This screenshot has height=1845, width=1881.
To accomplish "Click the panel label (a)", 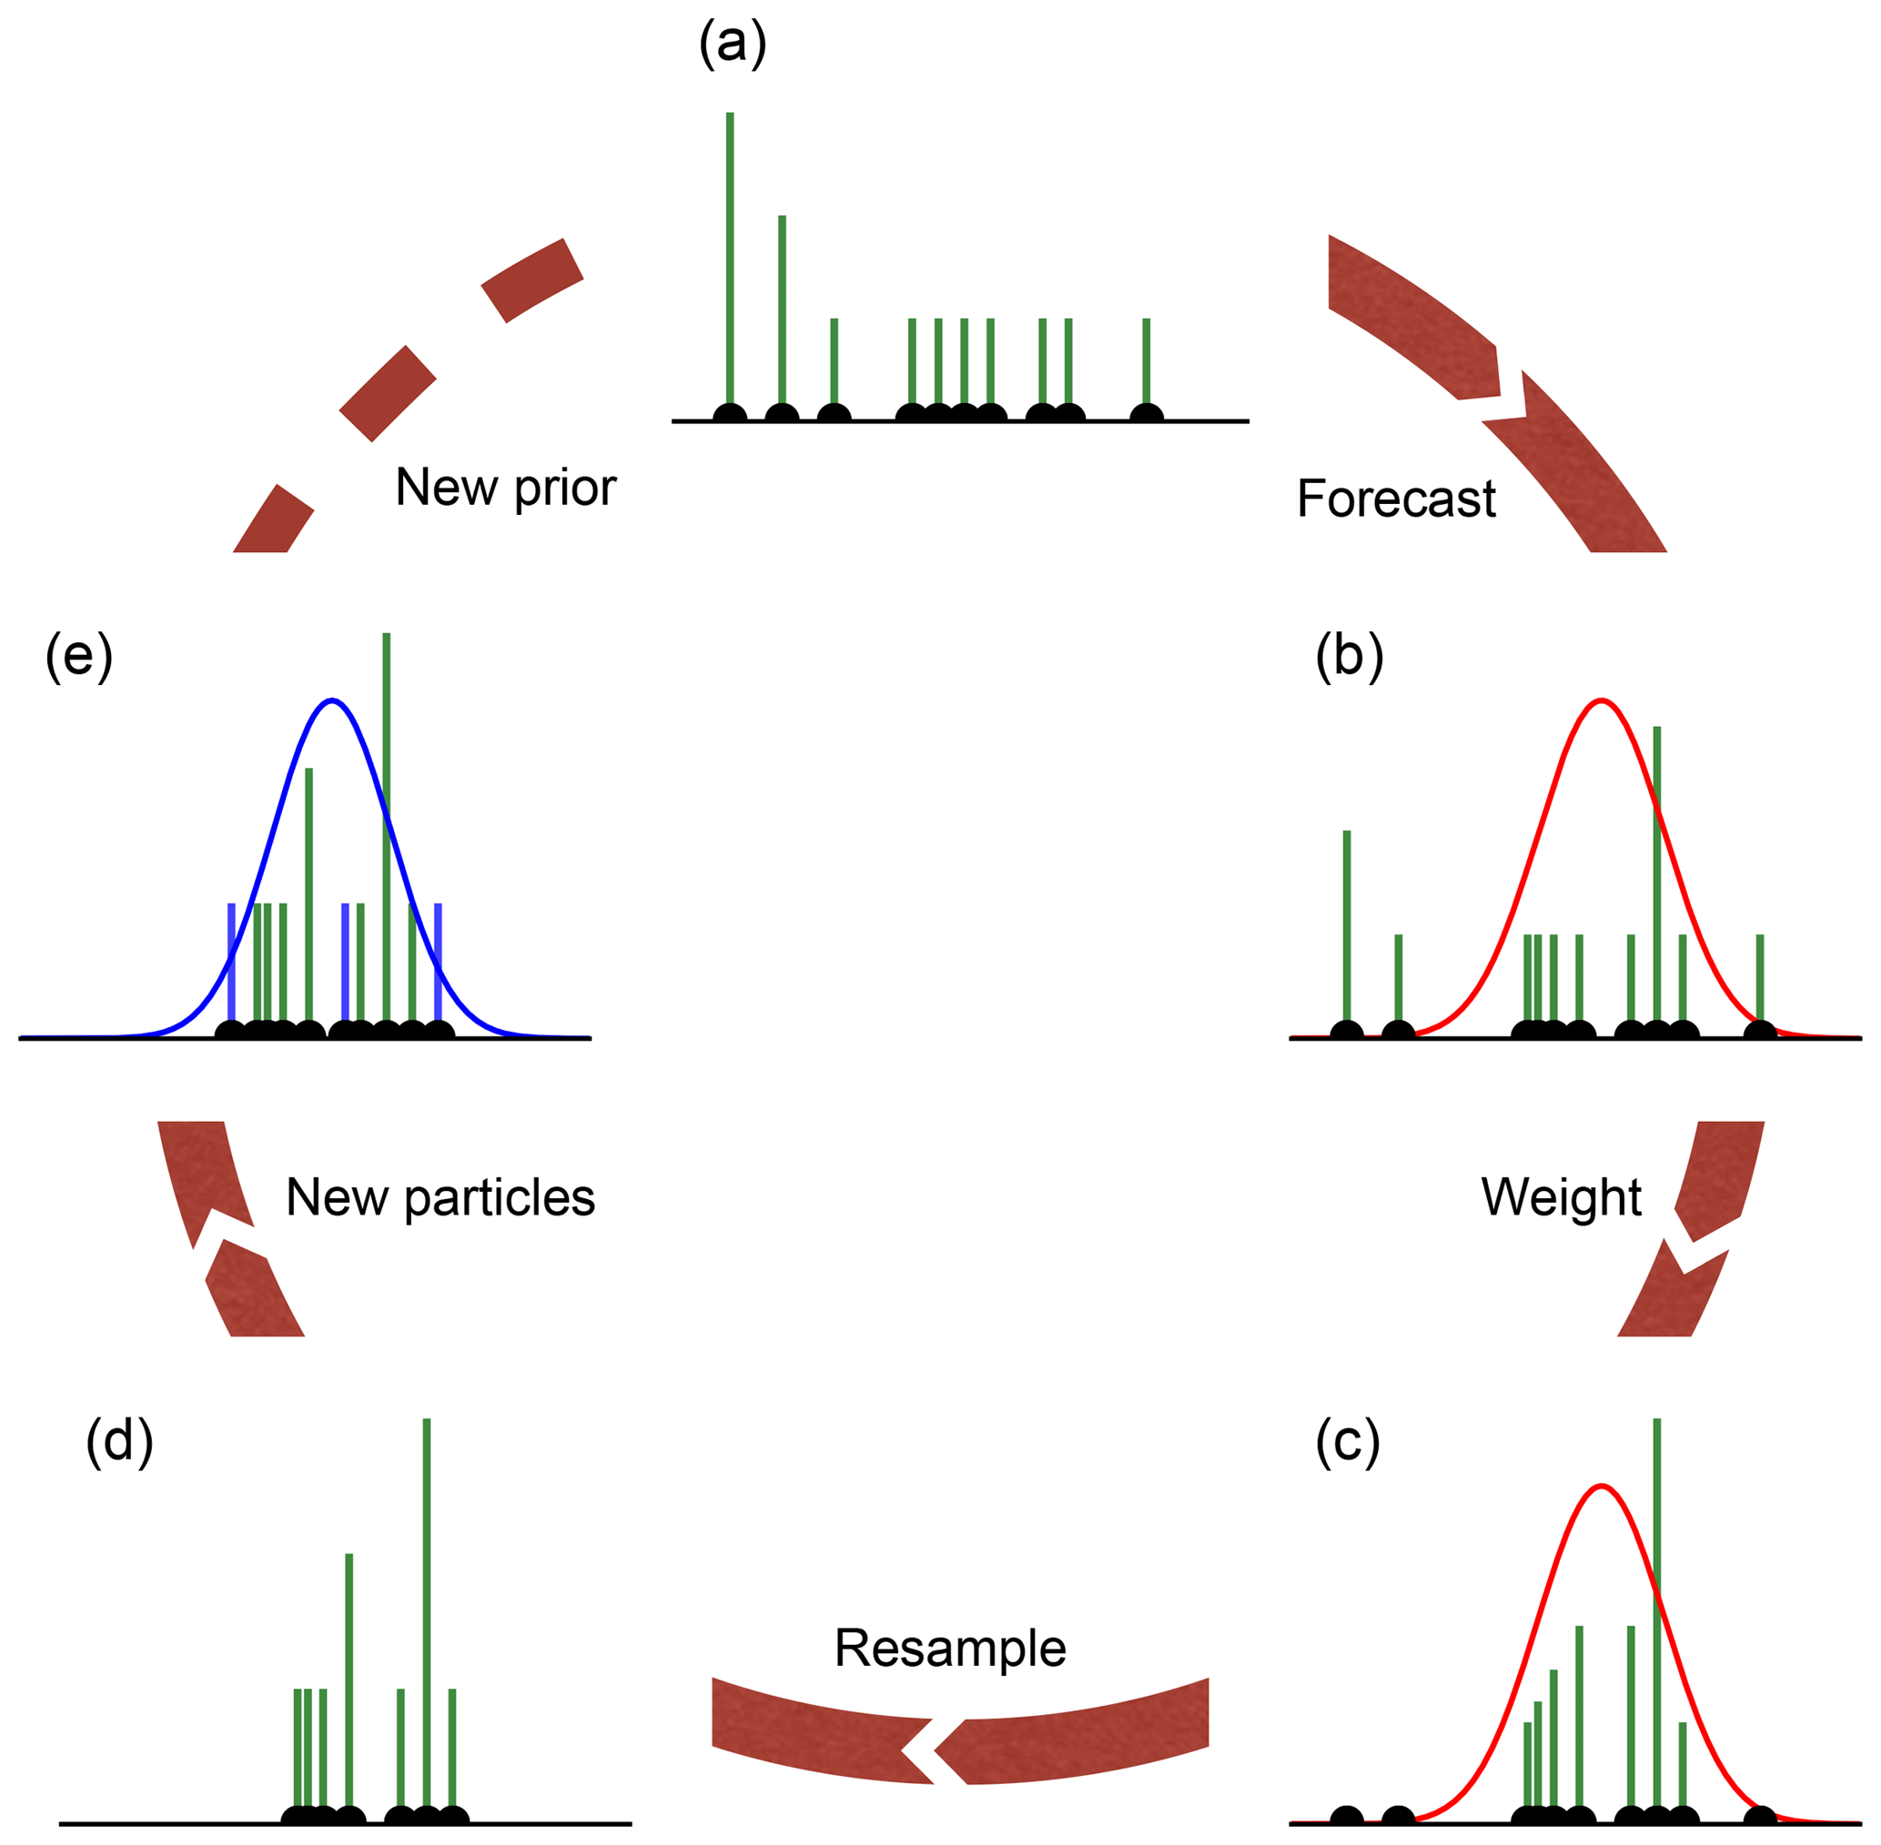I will (733, 45).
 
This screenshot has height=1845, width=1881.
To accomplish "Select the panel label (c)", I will (1348, 1442).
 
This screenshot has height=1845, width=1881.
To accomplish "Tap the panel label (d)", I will (119, 1442).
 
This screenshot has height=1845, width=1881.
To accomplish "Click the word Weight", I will (1562, 1196).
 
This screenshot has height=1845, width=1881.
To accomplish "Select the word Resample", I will (950, 1648).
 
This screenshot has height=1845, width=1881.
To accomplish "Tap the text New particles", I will (440, 1197).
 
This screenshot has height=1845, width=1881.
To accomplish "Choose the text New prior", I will (505, 488).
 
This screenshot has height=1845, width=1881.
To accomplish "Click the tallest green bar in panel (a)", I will (730, 252).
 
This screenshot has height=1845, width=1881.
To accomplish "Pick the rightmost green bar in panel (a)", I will (1146, 363).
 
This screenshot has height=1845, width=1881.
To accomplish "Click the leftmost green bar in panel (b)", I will (1346, 925).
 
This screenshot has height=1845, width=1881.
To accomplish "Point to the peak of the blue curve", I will (332, 700).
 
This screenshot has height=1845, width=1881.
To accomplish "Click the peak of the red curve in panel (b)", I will (1601, 700).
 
